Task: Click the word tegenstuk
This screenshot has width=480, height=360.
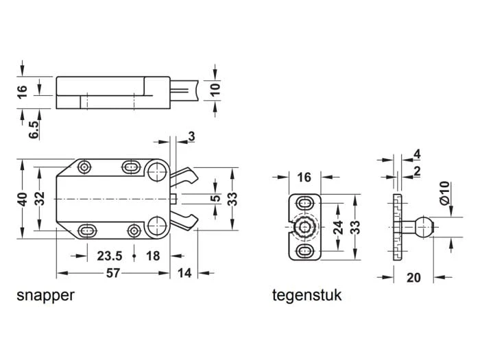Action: coord(307,296)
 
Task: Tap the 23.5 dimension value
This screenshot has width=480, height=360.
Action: coord(109,256)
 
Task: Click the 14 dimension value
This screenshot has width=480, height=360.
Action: coord(184,274)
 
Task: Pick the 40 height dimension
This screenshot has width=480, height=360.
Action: coord(23,200)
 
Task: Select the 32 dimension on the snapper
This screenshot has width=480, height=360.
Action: coord(41,200)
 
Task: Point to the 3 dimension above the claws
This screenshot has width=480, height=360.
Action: coord(190,136)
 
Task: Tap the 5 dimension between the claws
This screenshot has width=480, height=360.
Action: coord(215,200)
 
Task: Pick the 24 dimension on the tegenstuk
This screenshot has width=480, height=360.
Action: coord(337,228)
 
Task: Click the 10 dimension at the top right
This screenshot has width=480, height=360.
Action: coord(217,90)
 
